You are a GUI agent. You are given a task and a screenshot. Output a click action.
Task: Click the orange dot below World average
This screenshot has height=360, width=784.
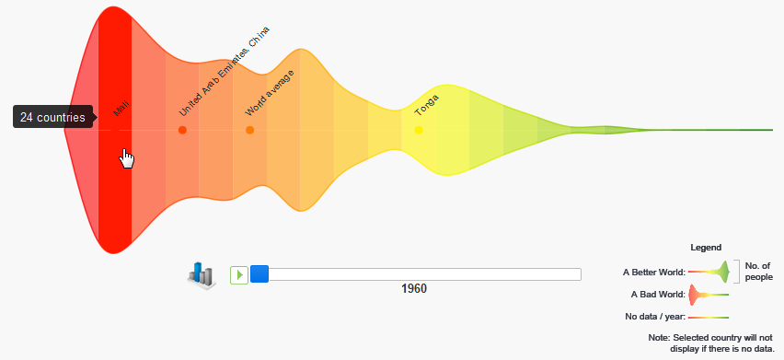tap(250, 130)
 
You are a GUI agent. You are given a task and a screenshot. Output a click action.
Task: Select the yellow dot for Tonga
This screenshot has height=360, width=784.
tap(419, 130)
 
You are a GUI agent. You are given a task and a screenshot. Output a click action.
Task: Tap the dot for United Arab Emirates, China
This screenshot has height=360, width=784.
tap(182, 130)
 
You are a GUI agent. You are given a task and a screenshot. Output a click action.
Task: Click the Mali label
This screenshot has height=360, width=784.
tap(121, 108)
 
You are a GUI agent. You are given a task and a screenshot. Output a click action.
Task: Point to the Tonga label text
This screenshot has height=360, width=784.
tap(427, 105)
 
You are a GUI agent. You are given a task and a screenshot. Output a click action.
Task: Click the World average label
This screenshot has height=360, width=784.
tap(270, 93)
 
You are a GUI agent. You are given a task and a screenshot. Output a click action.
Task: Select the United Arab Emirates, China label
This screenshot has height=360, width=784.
tap(224, 71)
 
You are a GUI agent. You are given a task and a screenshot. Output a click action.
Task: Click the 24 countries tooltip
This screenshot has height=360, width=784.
tap(52, 117)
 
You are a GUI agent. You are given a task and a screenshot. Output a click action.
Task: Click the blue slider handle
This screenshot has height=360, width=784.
tap(259, 274)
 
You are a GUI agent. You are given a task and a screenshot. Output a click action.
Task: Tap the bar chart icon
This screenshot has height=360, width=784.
tap(202, 275)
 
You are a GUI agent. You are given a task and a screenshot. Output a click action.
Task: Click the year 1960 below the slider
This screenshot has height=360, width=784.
tap(414, 289)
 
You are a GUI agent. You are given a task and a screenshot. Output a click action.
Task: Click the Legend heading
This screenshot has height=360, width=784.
tap(706, 248)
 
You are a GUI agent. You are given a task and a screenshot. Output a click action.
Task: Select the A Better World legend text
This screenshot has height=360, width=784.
tap(654, 273)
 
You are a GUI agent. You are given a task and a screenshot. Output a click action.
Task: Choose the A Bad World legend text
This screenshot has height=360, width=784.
tap(658, 295)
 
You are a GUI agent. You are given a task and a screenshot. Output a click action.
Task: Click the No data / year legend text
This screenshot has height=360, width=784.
tap(655, 317)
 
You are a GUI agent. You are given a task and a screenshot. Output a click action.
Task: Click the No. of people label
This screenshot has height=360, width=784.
tap(758, 272)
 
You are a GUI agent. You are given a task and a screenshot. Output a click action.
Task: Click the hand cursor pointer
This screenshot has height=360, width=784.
tap(126, 158)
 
